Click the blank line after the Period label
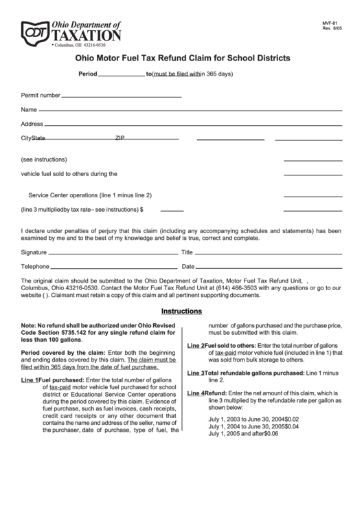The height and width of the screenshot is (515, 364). tap(122, 75)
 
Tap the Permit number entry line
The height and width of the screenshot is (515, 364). tap(122, 96)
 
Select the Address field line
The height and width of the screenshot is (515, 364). tap(193, 125)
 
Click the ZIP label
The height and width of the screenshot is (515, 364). tap(120, 138)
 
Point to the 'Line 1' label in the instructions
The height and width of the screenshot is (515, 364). tap(30, 380)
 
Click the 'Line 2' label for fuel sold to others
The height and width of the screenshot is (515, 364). tap(196, 345)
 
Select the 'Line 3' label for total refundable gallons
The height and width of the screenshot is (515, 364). tap(196, 373)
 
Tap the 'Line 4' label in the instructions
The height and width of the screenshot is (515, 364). tap(196, 393)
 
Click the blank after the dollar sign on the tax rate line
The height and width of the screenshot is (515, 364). tap(172, 210)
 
